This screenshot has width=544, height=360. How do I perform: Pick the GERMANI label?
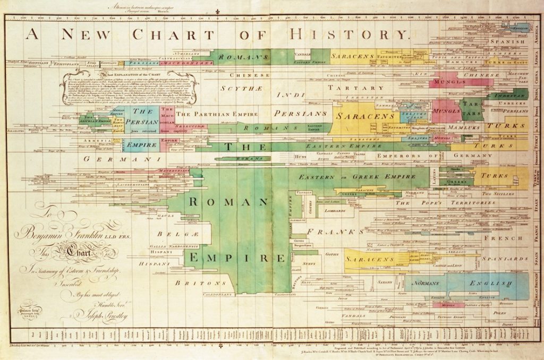pyautogui.click(x=114, y=159)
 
